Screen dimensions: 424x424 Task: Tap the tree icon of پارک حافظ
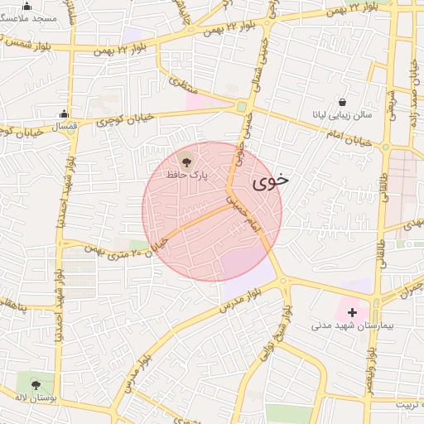[x=185, y=160]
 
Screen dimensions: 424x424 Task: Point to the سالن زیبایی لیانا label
[x=343, y=115]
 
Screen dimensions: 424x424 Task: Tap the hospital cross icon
[x=352, y=312]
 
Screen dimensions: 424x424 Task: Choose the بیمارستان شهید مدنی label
[x=344, y=325]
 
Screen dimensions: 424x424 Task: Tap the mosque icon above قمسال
[x=64, y=114]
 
